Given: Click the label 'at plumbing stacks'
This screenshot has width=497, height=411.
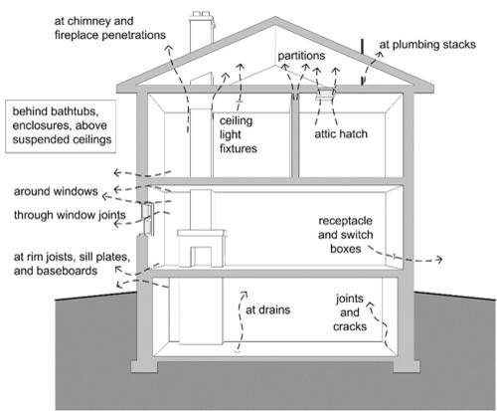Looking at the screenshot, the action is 427,45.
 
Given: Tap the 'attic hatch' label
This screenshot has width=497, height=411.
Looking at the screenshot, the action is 341,133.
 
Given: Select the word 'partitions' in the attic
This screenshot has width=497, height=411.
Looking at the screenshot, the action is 301,56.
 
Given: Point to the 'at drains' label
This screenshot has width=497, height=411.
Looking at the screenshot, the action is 267,309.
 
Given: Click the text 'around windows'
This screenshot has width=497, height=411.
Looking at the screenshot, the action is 56,191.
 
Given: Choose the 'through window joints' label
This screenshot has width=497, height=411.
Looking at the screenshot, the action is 70,215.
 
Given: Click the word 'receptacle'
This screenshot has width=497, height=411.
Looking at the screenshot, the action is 345,221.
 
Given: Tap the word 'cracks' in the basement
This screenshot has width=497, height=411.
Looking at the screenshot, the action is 350,326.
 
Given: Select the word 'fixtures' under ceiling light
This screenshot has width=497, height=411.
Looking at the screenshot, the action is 239,148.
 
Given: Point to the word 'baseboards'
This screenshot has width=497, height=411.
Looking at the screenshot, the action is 72,271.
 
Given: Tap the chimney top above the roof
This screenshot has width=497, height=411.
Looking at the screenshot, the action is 201,15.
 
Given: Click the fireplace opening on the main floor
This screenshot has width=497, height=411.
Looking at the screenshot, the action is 202,257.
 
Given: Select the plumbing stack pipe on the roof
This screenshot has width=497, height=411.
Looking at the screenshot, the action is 363,62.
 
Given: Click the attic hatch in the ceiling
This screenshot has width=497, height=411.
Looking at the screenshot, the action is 325,94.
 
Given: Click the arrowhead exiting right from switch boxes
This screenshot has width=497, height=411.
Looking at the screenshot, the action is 439,259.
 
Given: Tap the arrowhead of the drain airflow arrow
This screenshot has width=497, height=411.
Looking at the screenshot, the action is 245,295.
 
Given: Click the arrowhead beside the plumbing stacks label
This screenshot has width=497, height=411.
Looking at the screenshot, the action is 380,55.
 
